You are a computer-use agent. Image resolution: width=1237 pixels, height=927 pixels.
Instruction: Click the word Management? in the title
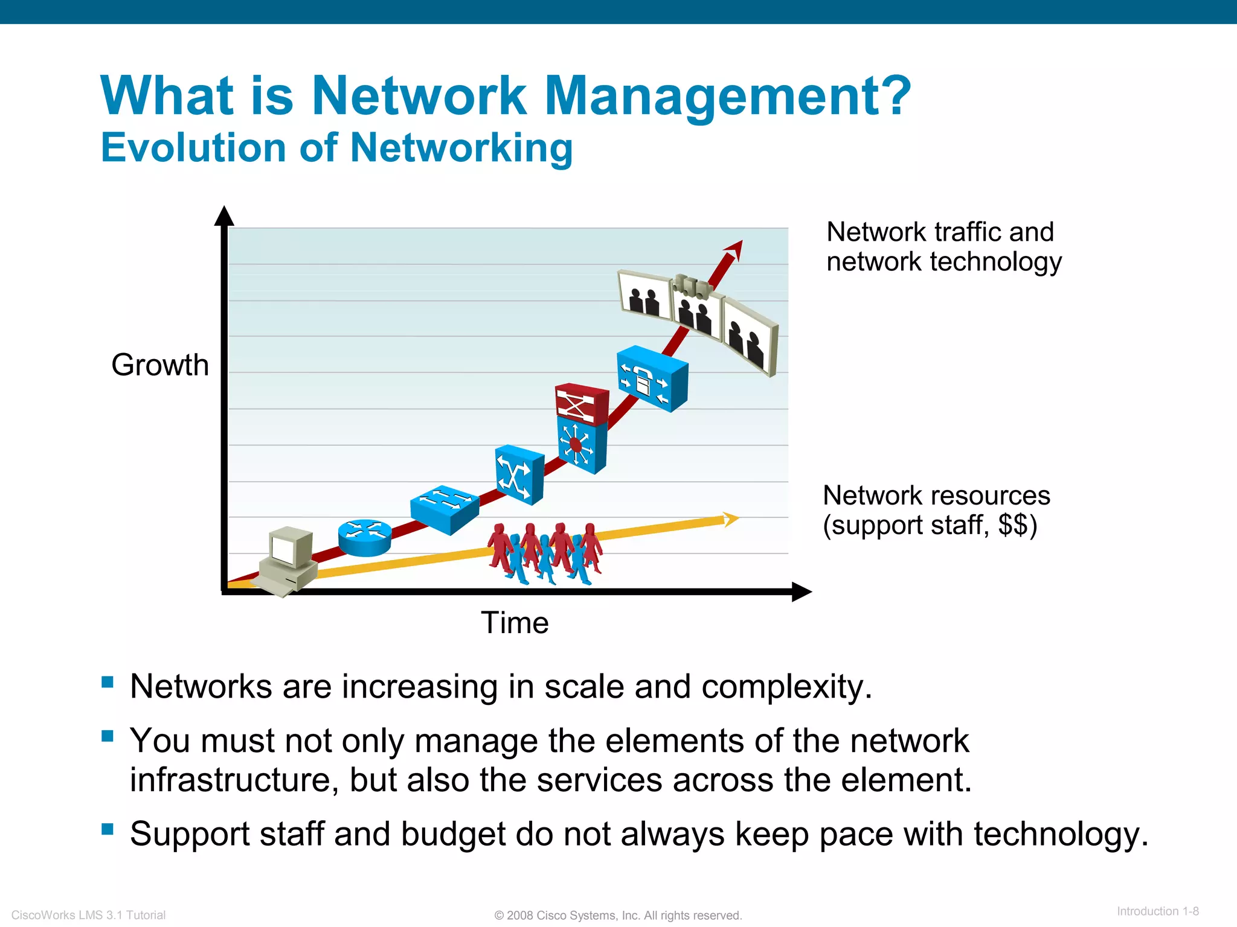(727, 97)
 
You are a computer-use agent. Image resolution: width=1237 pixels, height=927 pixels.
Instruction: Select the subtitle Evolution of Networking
(336, 148)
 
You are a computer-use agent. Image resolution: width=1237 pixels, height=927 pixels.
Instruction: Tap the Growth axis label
(160, 365)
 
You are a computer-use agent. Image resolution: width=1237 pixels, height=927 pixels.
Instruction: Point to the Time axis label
(515, 623)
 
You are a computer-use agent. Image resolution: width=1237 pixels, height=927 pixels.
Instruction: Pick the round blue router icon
(364, 537)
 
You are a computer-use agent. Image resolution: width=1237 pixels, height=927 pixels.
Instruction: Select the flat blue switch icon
(445, 509)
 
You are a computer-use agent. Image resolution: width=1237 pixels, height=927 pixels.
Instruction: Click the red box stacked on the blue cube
(582, 403)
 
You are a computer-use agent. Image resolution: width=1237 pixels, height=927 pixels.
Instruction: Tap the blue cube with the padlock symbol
(652, 378)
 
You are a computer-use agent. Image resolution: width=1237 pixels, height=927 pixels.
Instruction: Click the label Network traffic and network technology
(943, 247)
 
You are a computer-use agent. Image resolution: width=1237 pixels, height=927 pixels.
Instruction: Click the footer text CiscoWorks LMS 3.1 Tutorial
(89, 915)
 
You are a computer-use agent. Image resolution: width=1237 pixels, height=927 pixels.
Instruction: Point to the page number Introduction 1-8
(1157, 911)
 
